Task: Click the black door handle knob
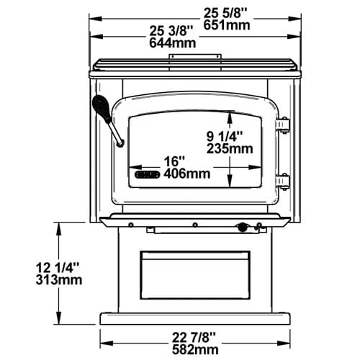[102, 108]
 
